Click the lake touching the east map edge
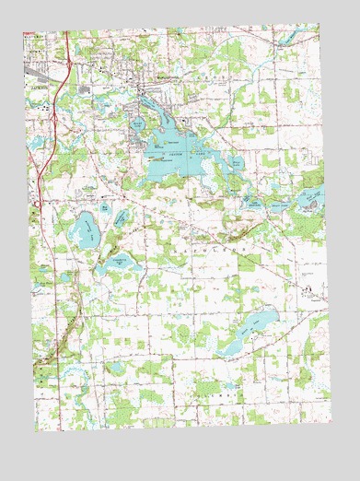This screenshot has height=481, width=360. (x=311, y=197)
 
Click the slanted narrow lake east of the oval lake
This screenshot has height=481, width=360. (x=121, y=219)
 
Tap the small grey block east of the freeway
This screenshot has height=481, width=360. (x=88, y=89)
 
